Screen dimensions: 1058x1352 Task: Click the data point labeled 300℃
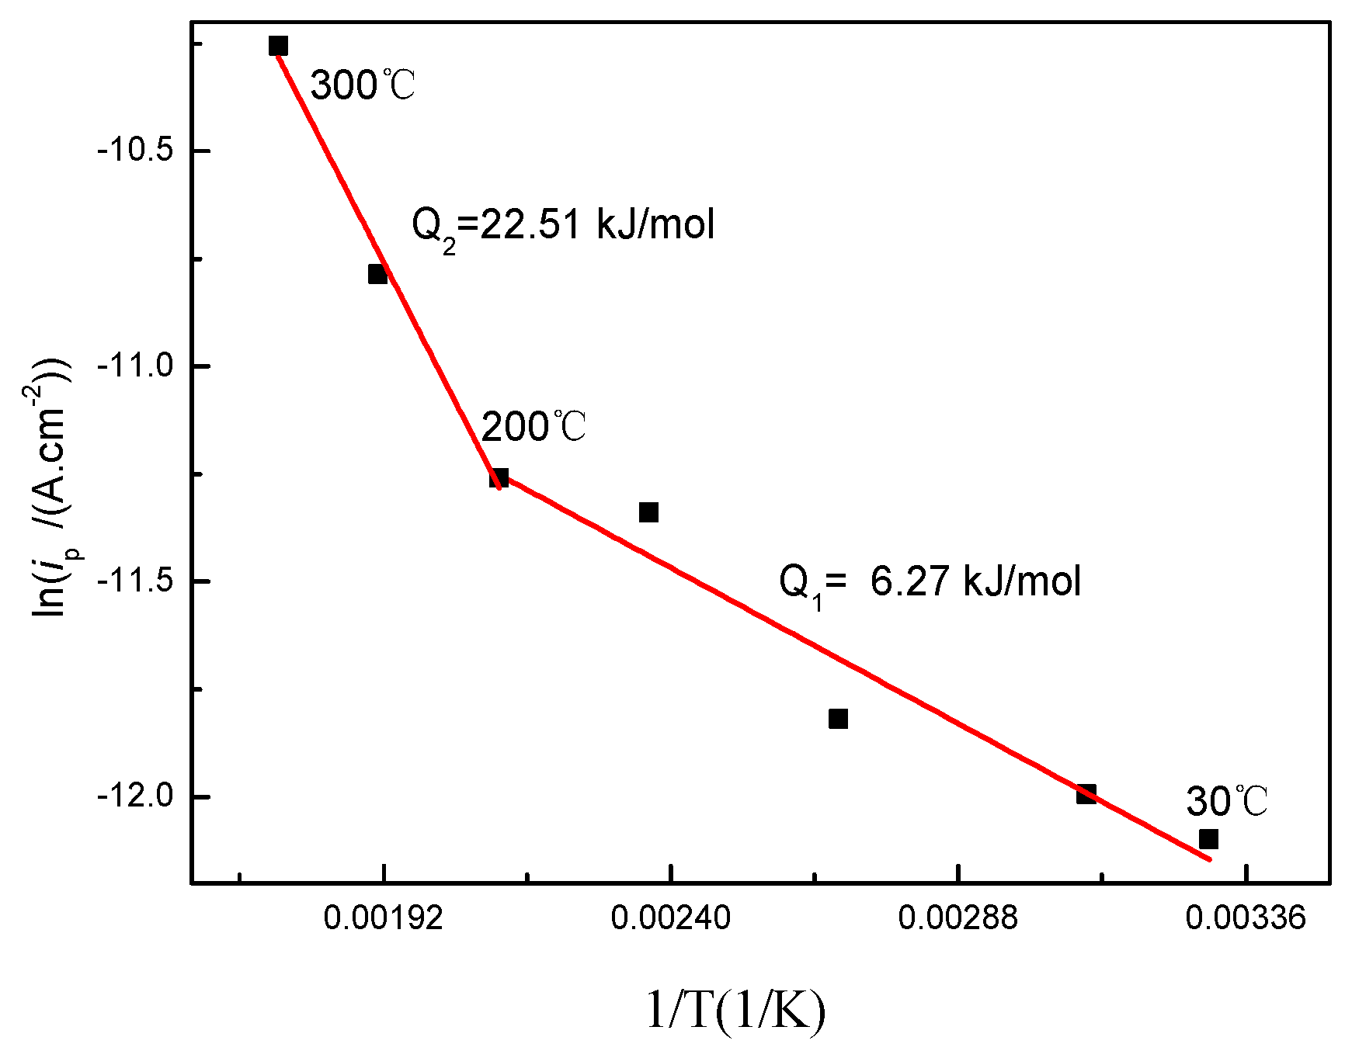pos(278,46)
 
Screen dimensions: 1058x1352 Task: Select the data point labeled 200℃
pos(499,477)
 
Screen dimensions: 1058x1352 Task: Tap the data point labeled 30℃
pos(1208,839)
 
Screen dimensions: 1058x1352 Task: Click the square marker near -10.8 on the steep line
pos(377,274)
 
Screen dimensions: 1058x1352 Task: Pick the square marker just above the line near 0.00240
pos(648,512)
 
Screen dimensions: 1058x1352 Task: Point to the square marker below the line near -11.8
pos(838,719)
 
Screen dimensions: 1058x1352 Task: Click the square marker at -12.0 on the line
pos(1086,793)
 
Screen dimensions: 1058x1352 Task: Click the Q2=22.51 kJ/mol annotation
pos(562,226)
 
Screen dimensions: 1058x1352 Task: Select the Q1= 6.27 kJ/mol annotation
pos(930,582)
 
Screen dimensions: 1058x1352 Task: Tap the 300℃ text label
pos(363,85)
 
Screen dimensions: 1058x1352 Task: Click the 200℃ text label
pos(534,427)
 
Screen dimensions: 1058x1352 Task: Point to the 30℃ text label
pos(1226,801)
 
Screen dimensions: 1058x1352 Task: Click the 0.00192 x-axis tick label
pos(383,918)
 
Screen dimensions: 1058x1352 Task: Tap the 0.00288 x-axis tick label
pos(958,918)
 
